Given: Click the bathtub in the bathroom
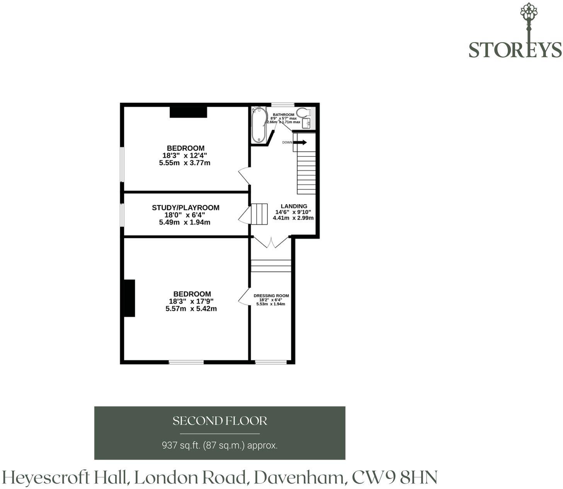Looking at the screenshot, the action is [x=259, y=124].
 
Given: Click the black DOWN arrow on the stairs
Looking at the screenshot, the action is [x=300, y=142].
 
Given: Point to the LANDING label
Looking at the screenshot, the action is [x=294, y=206].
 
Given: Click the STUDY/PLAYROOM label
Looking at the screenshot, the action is [x=186, y=208].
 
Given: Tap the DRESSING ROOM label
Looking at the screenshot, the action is [x=271, y=296].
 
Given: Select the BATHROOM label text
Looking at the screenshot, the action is [x=283, y=114].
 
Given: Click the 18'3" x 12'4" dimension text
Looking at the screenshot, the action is [x=185, y=155].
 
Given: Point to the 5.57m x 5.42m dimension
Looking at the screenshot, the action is [x=191, y=309].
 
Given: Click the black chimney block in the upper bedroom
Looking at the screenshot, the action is [x=188, y=112].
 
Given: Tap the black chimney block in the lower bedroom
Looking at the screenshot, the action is [x=129, y=298].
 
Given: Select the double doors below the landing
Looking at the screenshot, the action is [x=272, y=242].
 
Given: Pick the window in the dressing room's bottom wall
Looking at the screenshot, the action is [x=271, y=362].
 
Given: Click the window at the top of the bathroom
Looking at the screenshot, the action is [x=283, y=105].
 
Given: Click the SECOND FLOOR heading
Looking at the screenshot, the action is [x=220, y=421].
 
